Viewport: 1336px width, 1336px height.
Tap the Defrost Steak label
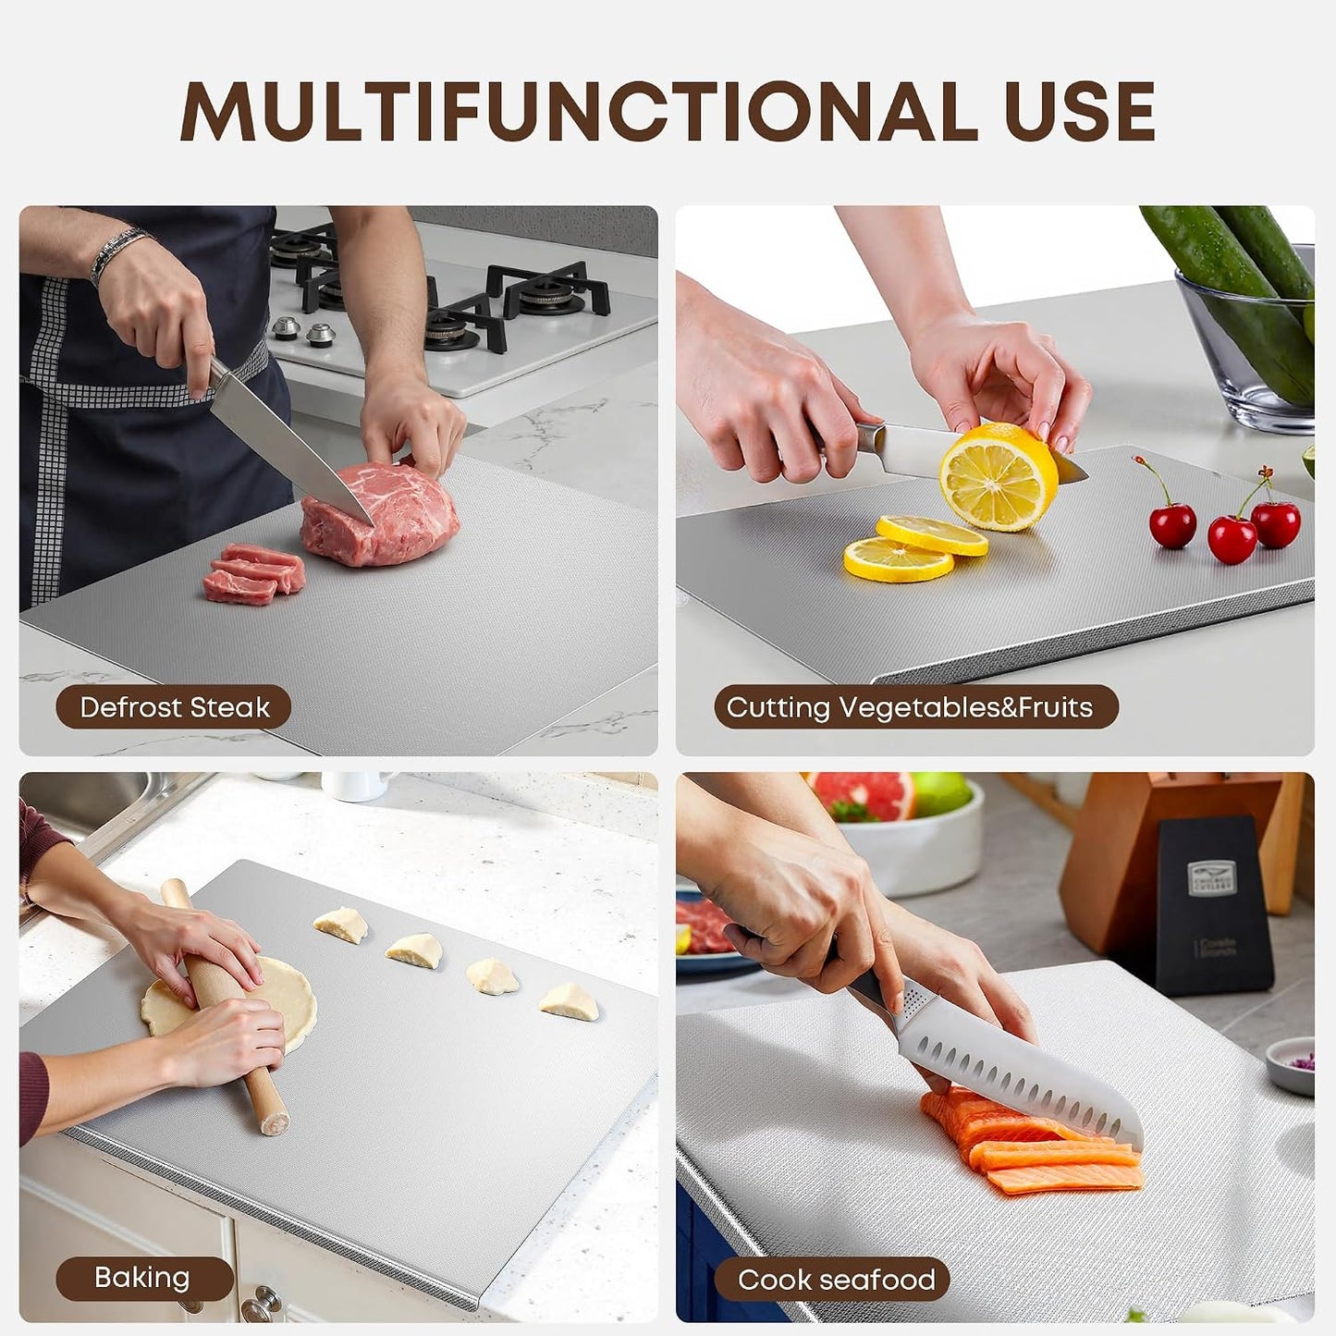tap(174, 707)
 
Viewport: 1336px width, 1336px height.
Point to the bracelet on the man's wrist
tap(117, 251)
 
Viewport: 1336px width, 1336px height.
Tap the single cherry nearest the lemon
tap(1172, 524)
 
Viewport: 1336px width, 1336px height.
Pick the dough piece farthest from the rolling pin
tap(570, 1002)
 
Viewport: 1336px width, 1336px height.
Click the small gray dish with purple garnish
tap(1291, 1066)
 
